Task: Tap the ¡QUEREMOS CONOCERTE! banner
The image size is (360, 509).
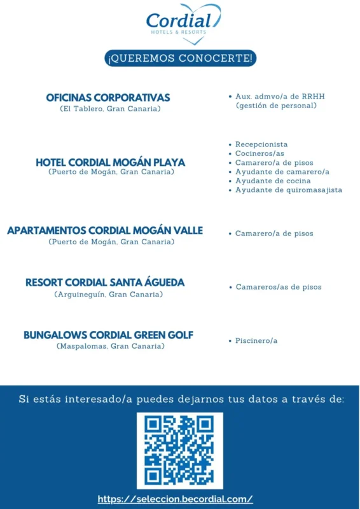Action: (x=181, y=59)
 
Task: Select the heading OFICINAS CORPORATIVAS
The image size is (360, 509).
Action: (x=108, y=98)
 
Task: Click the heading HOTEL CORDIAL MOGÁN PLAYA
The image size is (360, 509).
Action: (x=111, y=162)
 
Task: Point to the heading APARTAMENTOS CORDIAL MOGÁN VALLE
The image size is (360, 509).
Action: (x=105, y=230)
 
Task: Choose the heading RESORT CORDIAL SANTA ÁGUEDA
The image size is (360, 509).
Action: (x=105, y=282)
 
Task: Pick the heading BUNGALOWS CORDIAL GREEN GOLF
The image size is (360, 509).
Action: (x=109, y=335)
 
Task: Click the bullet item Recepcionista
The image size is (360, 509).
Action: (x=261, y=144)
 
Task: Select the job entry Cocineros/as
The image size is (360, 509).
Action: (x=260, y=153)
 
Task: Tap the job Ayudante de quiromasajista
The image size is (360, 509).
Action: (x=289, y=190)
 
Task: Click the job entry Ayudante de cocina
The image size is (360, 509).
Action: (x=273, y=181)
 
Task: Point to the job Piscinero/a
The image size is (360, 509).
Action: (x=256, y=341)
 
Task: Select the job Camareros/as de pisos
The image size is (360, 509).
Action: (x=279, y=287)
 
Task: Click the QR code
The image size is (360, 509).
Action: (x=180, y=450)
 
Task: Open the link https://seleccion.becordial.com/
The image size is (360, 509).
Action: (x=176, y=499)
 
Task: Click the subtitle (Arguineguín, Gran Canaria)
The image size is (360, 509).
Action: (x=109, y=294)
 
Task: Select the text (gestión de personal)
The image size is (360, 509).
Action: (x=276, y=106)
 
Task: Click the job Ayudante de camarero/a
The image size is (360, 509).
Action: (x=282, y=172)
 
